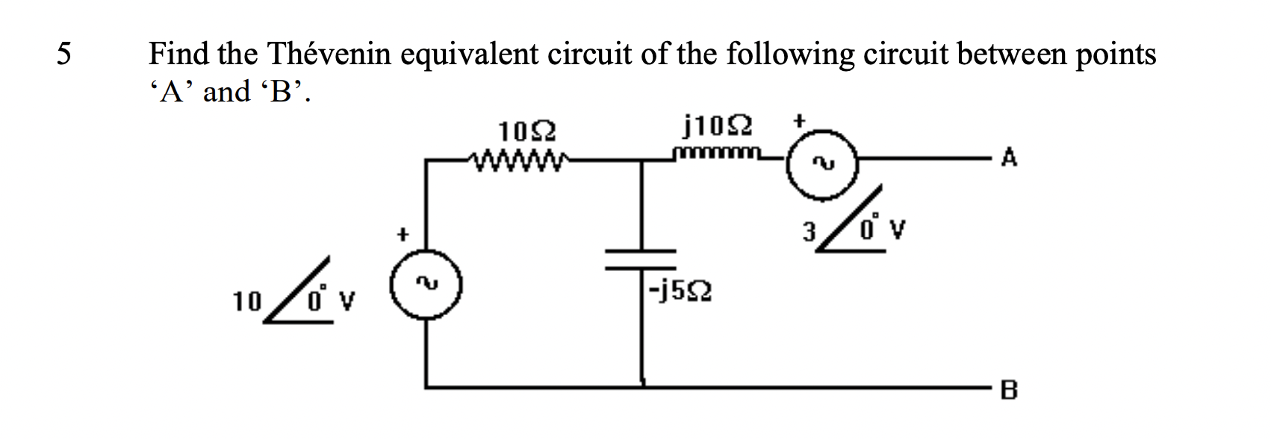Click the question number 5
pos(65,55)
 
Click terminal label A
pos(1010,159)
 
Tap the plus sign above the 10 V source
pos(403,234)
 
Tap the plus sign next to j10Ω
pos(800,120)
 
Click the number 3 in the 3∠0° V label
pos(807,231)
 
